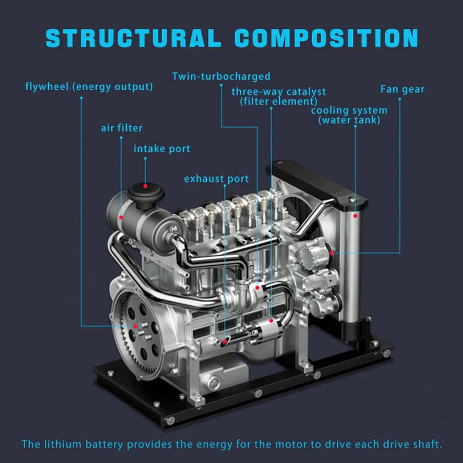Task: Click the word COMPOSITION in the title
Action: [x=326, y=38]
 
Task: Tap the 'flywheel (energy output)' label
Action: [x=88, y=87]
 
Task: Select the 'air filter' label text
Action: [x=122, y=128]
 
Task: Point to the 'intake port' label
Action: [x=162, y=149]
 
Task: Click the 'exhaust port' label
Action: [x=216, y=179]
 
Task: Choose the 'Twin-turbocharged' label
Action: [x=221, y=76]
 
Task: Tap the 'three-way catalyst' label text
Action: [x=278, y=91]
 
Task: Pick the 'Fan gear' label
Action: [x=402, y=89]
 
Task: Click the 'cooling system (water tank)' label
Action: [x=349, y=115]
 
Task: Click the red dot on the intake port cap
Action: [x=145, y=185]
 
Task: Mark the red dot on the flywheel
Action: [x=135, y=326]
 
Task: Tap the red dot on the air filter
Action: [x=121, y=217]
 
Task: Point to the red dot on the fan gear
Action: [x=332, y=252]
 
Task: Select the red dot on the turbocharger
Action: [x=258, y=288]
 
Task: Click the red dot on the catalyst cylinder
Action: [x=271, y=321]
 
